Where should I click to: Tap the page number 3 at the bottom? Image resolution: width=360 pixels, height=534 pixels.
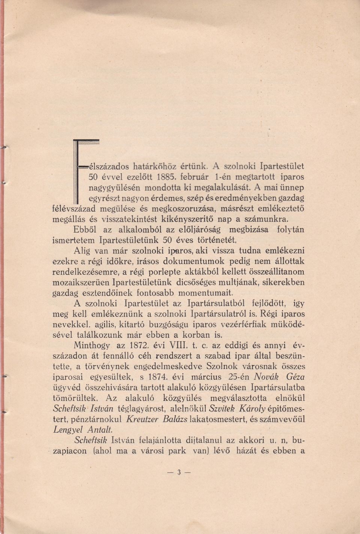pyautogui.click(x=179, y=472)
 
